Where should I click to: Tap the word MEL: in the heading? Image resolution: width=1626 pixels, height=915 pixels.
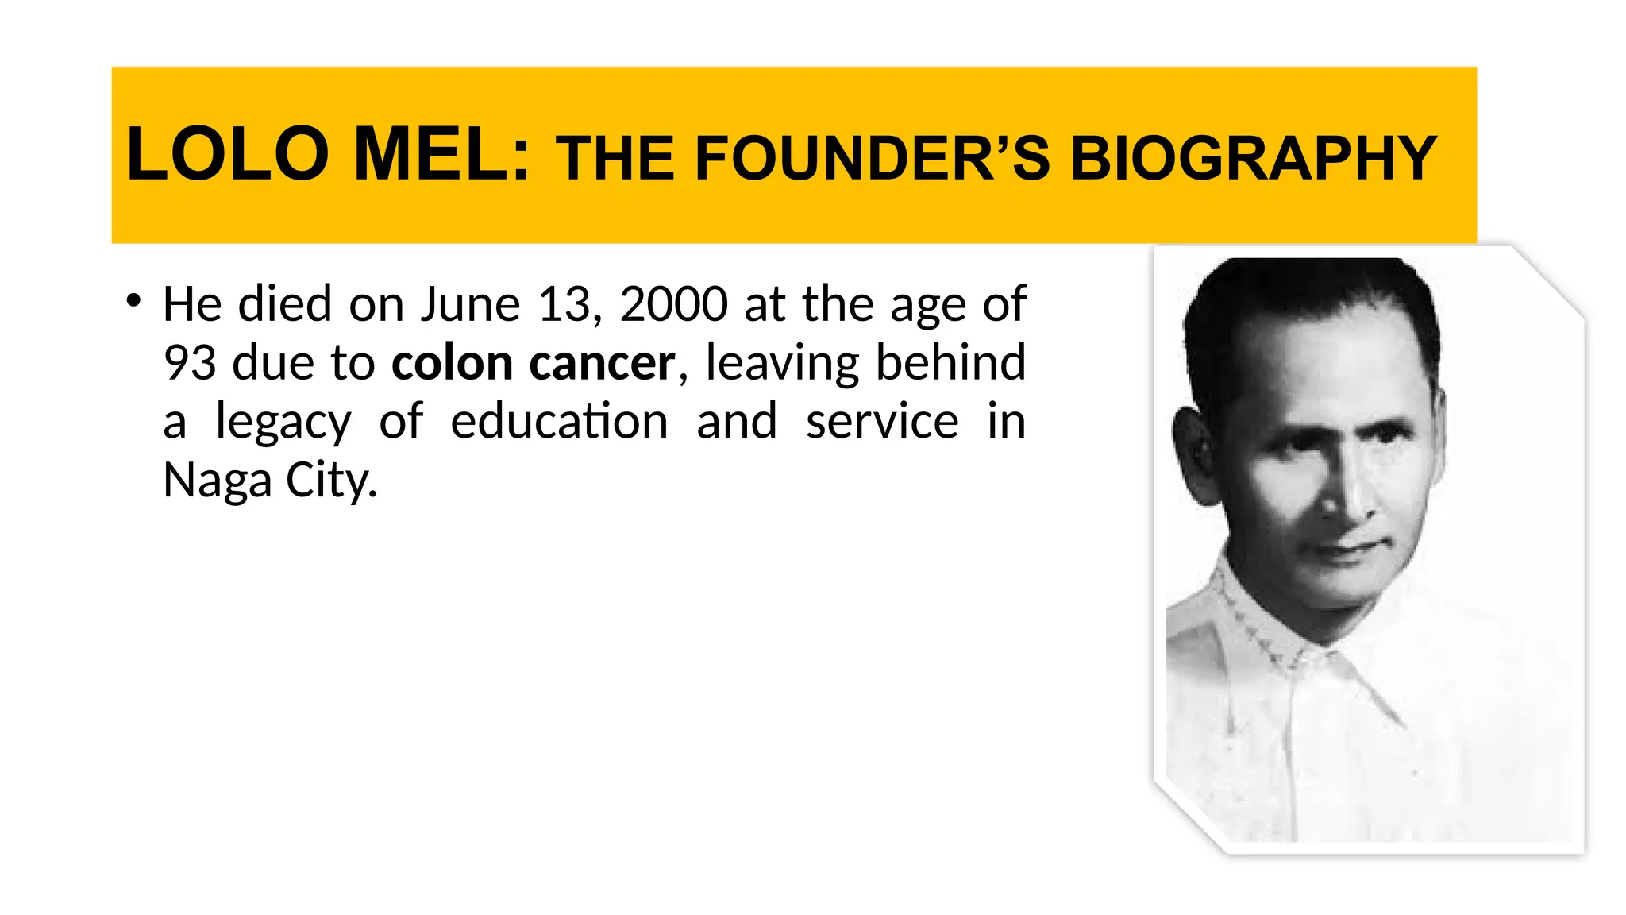point(441,154)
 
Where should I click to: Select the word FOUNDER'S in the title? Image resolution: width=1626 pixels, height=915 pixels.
point(873,158)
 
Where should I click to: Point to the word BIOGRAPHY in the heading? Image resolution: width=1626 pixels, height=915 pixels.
point(1254,158)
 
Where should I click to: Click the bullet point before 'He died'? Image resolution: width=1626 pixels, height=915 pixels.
point(133,301)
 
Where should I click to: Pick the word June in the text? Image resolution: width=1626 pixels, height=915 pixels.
point(470,304)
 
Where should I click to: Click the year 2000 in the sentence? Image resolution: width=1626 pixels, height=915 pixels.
point(673,304)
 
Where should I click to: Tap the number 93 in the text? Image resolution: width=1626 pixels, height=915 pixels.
point(190,363)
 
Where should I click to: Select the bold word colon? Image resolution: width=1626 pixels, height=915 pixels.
point(453,363)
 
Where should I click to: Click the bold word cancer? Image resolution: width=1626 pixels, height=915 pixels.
point(602,363)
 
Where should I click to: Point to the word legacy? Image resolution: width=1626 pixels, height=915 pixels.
point(283,422)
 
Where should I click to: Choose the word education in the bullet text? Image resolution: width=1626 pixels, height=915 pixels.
point(559,422)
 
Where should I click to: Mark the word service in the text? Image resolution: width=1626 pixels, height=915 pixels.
point(882,422)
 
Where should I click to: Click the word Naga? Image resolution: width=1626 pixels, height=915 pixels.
point(217,481)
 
